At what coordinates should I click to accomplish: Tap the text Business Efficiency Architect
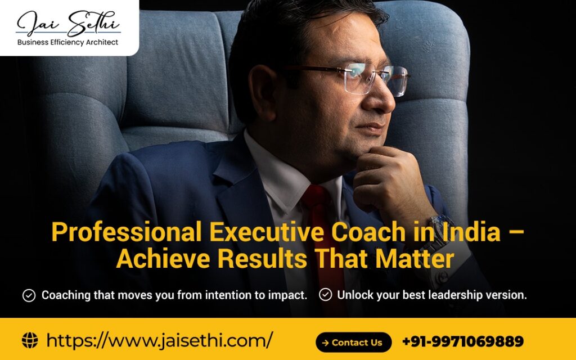pos(68,42)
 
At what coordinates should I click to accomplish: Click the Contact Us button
pos(353,342)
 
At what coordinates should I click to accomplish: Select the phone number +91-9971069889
pos(462,341)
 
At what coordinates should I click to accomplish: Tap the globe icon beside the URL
pos(30,340)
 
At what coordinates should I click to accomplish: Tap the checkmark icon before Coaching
pos(29,295)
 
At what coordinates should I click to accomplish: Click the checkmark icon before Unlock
pos(325,295)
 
